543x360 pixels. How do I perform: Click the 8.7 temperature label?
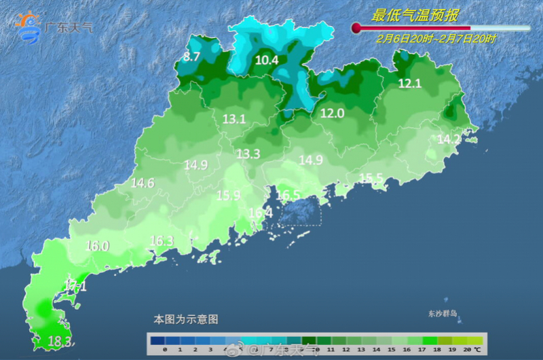tap(192, 57)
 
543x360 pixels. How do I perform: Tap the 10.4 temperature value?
tap(267, 60)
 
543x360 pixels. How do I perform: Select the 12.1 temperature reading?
tap(409, 84)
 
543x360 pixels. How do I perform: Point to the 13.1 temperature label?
tap(234, 120)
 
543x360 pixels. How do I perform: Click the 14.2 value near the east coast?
tap(449, 139)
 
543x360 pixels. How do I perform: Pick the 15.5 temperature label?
tap(371, 178)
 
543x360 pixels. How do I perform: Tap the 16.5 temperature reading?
tap(288, 196)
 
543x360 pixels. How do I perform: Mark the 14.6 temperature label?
tap(143, 183)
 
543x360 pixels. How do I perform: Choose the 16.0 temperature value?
tap(97, 246)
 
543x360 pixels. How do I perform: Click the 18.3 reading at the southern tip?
tap(60, 341)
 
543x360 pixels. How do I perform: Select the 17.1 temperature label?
tap(75, 286)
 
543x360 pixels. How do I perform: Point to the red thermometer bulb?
tap(356, 28)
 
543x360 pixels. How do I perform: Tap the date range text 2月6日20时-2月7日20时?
tap(436, 39)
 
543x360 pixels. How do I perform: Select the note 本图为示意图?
tap(186, 319)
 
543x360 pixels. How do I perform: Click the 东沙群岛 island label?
tap(443, 314)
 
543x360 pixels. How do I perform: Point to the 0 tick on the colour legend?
tap(165, 349)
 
